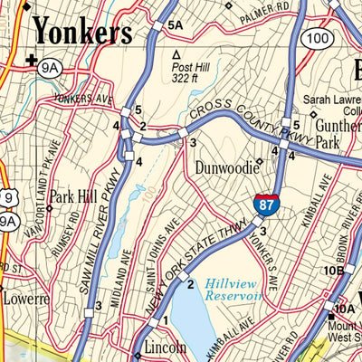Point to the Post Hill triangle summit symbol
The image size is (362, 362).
click(176, 54)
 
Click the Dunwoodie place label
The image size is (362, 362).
click(224, 167)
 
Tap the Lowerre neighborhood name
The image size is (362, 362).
click(23, 297)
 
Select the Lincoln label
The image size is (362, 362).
click(164, 348)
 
